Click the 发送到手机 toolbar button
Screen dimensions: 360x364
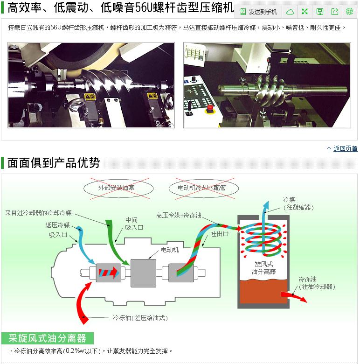[x=258, y=12]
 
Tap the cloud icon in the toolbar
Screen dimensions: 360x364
[x=290, y=12]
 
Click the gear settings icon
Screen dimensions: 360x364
[x=349, y=11]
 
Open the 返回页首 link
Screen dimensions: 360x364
[x=345, y=148]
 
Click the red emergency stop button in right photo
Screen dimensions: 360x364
[x=210, y=108]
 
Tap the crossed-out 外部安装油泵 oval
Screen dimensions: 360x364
[x=118, y=188]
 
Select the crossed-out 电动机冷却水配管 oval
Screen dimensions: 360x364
[x=204, y=188]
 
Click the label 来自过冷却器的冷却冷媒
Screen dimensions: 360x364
[x=38, y=213]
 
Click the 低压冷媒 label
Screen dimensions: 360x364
[x=57, y=225]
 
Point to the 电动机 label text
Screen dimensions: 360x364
[x=170, y=250]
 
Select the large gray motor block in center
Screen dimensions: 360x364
[x=143, y=273]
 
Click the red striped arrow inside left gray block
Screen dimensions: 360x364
[x=109, y=273]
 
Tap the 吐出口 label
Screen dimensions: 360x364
[x=219, y=234]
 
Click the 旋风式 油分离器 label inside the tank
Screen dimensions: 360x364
[x=264, y=268]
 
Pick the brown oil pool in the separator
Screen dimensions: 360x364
[x=263, y=291]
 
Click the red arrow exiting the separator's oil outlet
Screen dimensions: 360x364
[x=293, y=296]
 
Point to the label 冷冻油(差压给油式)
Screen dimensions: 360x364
[x=140, y=318]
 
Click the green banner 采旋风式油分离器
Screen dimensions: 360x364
[x=47, y=338]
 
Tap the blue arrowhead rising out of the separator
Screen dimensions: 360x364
[x=266, y=206]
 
